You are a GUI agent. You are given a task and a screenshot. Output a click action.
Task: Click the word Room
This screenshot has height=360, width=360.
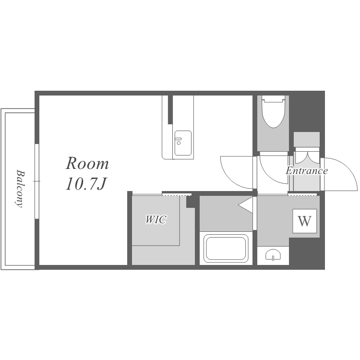(87, 164)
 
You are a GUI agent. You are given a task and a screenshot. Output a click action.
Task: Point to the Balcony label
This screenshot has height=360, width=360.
(21, 189)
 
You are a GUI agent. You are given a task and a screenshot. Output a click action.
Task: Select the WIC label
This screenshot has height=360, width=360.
(156, 219)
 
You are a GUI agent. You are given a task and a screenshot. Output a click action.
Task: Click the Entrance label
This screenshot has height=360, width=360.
(307, 170)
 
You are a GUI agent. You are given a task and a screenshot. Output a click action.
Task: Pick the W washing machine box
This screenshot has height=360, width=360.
(305, 221)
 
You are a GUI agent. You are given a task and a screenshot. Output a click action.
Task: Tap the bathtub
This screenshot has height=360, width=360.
(226, 248)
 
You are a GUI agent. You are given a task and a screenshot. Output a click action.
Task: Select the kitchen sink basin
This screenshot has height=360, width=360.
(183, 143)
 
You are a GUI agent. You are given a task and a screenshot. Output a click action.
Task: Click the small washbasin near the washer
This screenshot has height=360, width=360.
(273, 255)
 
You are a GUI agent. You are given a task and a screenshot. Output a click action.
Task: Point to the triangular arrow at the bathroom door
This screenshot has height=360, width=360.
(246, 205)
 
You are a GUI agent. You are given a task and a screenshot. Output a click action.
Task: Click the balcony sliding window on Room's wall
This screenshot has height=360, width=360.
(37, 181)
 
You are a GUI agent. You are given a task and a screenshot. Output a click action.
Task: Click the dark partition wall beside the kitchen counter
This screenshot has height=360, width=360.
(170, 110)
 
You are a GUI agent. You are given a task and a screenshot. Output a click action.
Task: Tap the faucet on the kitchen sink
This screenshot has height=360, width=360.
(179, 141)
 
